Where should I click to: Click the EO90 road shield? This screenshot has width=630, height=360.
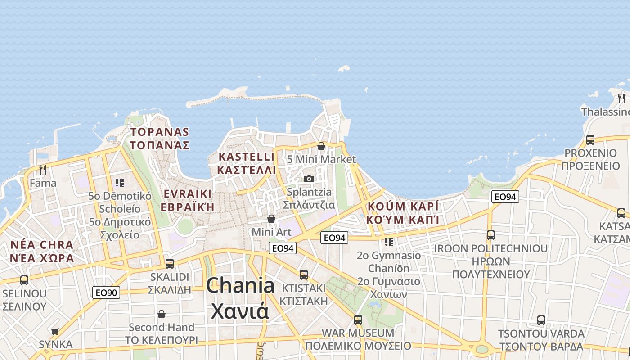point(107,292)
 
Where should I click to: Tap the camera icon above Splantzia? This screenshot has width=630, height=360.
point(309,179)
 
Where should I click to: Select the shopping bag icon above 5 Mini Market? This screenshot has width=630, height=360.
point(321,146)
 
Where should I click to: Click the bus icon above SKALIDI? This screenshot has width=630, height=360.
point(170,263)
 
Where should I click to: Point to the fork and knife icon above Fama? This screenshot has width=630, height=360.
point(43,170)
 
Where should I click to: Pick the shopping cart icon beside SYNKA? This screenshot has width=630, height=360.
point(55,331)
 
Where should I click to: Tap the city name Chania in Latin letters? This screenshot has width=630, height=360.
point(240,285)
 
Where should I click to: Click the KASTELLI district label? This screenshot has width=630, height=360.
point(246,157)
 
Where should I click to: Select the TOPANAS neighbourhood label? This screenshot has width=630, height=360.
point(160,132)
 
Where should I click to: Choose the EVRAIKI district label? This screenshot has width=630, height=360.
point(187,193)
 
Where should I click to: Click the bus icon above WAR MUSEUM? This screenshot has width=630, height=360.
point(358,320)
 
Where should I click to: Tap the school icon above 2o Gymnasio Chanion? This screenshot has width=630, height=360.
point(389,242)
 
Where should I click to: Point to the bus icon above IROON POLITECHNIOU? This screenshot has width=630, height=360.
point(490,235)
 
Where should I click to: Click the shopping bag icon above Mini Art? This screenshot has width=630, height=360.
point(271,219)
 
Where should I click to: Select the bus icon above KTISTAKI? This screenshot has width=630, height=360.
point(304,274)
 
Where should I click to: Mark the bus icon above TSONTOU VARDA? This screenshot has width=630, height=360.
point(541,320)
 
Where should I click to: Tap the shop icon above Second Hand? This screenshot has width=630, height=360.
point(161,314)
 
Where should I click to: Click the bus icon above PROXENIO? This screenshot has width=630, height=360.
point(590,139)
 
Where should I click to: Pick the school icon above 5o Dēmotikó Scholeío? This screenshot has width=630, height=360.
point(119,182)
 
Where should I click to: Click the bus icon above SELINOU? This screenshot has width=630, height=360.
point(24,280)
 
